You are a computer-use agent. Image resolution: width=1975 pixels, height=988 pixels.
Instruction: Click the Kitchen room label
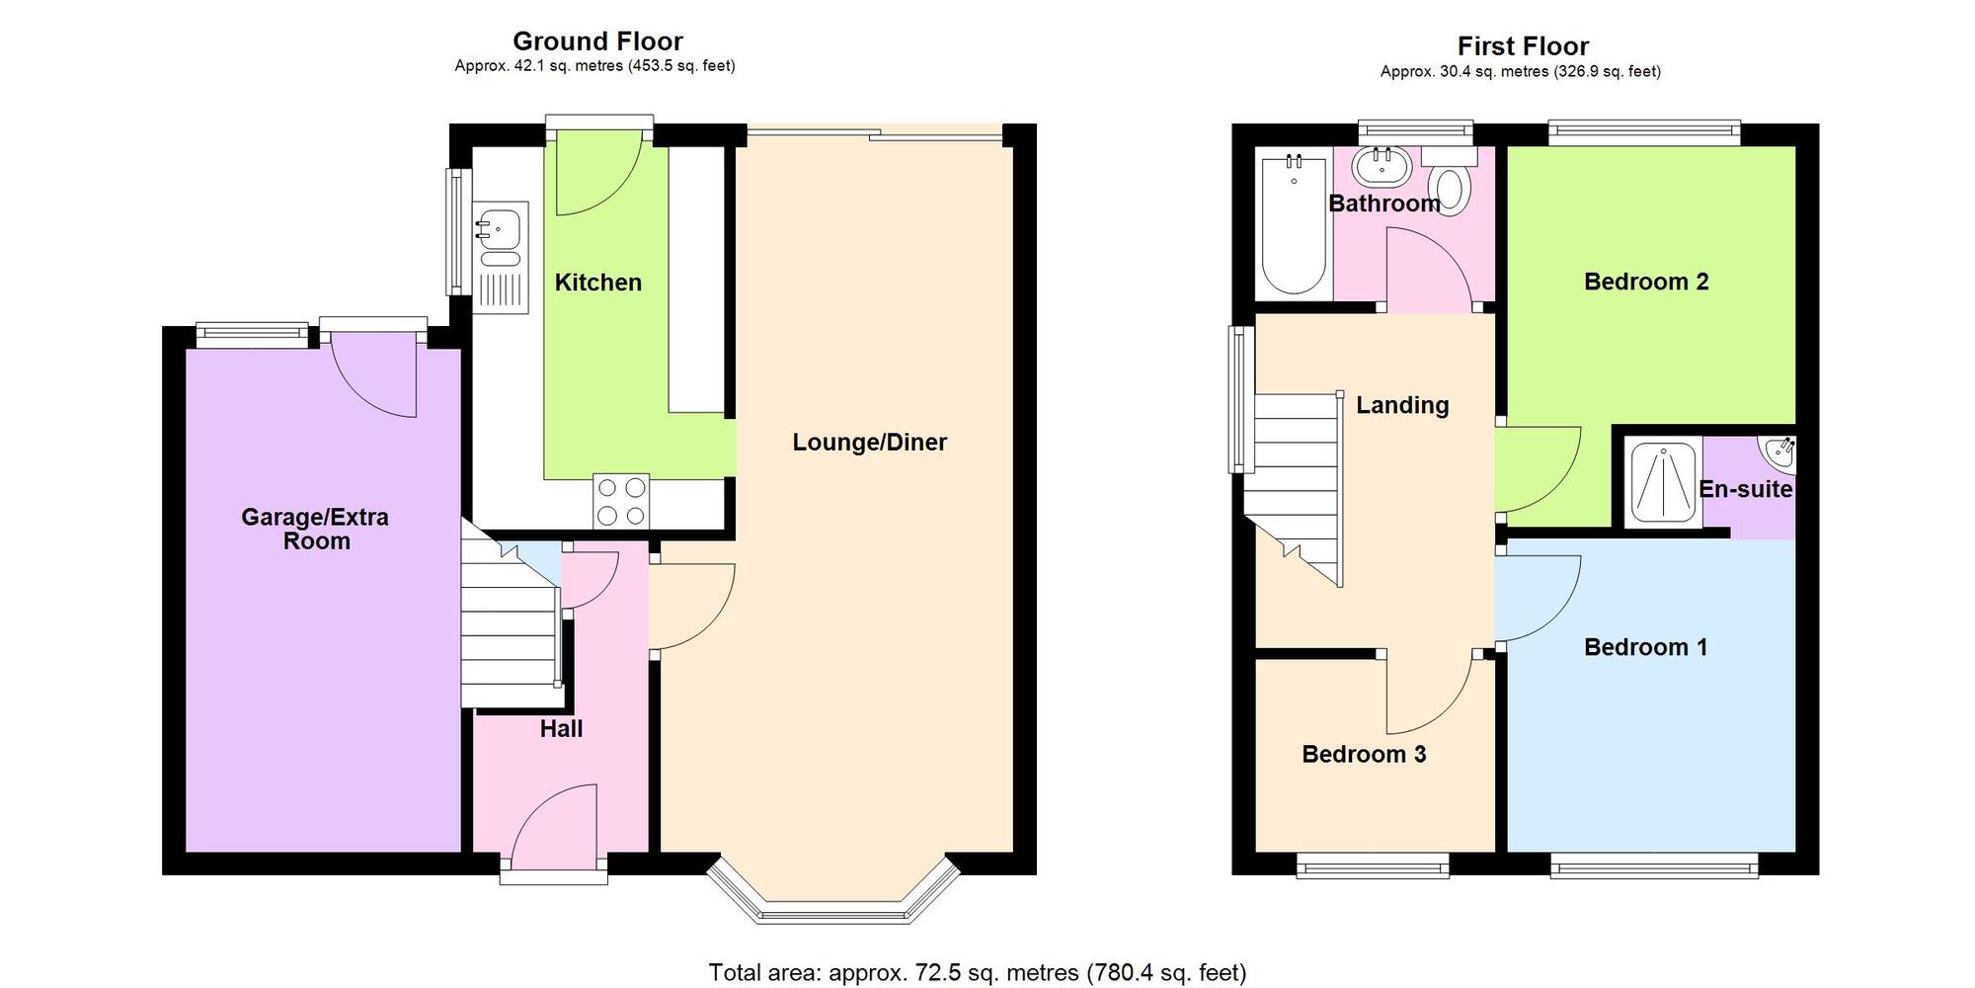598,283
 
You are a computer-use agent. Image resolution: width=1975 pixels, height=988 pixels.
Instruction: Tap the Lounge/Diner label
870,443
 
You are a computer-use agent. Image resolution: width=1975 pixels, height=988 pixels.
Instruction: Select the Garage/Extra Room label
316,529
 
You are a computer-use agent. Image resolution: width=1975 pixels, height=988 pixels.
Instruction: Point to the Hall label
561,729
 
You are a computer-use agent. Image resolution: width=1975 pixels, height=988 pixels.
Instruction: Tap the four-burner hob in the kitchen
621,502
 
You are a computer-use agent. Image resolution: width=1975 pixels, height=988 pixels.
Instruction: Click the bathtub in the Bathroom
1294,225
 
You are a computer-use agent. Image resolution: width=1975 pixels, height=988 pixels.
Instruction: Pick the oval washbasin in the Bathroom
1381,167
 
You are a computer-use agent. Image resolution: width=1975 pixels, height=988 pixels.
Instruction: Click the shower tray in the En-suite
1663,482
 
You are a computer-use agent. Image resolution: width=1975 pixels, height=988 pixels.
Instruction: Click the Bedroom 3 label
1364,755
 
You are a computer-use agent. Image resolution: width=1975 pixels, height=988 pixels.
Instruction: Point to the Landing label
1402,405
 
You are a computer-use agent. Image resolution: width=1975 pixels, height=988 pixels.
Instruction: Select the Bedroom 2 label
1646,282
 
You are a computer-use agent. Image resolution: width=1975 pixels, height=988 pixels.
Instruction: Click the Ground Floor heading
597,41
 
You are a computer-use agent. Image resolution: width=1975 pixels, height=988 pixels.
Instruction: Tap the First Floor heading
1523,46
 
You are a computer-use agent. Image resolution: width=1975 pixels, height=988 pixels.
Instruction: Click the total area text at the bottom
978,973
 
